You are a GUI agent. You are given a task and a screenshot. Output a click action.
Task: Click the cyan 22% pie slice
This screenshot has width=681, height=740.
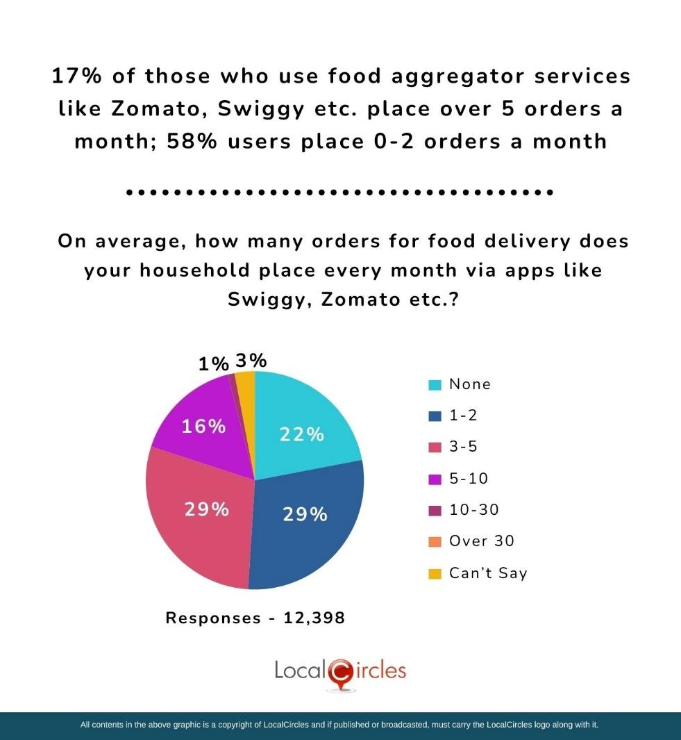coord(305,424)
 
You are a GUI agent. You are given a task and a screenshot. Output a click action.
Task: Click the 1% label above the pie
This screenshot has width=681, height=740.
coord(213,364)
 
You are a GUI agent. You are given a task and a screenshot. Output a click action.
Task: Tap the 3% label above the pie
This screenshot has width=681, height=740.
coord(251,361)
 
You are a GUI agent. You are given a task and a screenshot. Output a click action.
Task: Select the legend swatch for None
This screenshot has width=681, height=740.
coord(435,385)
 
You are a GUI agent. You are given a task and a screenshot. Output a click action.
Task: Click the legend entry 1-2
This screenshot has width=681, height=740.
coord(463,416)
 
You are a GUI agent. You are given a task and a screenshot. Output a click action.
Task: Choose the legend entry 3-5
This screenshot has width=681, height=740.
coord(463,447)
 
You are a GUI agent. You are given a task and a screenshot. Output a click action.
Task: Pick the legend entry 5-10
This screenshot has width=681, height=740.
coord(469,478)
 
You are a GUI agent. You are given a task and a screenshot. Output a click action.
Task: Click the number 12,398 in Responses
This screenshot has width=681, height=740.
coord(314,618)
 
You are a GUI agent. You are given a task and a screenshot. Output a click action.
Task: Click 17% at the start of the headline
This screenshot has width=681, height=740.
coord(76,76)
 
